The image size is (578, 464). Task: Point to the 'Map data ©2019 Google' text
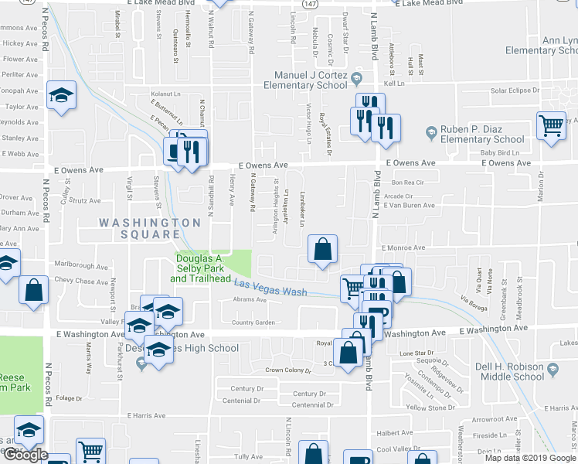[x=530, y=458]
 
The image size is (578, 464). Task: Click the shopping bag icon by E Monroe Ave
[x=323, y=249]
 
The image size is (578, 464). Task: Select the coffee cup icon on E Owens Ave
[x=175, y=149]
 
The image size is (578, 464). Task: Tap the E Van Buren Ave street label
[x=409, y=205]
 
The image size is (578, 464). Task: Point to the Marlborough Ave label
[x=76, y=265]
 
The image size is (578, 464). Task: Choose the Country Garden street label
[x=253, y=322]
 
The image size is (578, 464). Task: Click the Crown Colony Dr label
[x=287, y=371]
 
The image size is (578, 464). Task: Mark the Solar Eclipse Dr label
[x=520, y=90]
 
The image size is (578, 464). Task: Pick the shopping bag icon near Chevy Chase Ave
[x=34, y=291]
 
